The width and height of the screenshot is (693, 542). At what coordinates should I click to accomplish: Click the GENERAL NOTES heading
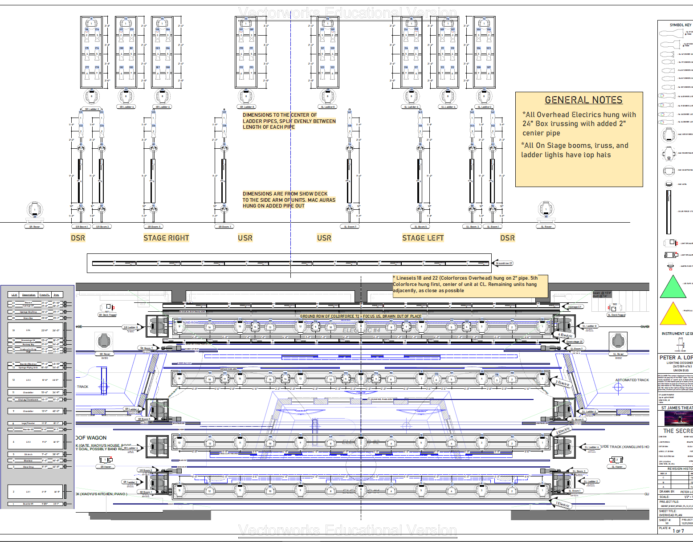(583, 100)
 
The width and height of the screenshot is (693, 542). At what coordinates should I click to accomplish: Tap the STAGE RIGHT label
(166, 238)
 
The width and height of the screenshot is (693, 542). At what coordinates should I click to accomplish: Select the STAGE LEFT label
(423, 238)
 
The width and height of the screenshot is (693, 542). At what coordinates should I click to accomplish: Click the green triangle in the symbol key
(673, 287)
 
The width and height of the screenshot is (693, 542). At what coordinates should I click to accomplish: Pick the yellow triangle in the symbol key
(673, 314)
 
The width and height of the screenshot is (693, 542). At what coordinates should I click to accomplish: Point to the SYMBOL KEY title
(680, 25)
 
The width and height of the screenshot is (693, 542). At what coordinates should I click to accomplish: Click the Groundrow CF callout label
(504, 263)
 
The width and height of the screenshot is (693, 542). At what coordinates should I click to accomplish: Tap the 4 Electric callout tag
(566, 335)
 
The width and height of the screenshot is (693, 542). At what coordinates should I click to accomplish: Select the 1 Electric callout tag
(563, 505)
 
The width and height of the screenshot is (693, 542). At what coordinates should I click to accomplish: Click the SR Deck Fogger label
(107, 315)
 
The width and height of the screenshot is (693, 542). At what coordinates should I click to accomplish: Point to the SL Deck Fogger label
(616, 315)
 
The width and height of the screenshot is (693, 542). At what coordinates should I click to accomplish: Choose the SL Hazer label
(617, 467)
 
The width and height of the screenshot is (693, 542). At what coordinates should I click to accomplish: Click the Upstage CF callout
(574, 307)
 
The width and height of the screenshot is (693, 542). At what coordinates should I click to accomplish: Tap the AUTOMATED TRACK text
(632, 380)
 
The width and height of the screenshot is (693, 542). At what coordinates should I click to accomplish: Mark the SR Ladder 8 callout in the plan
(131, 327)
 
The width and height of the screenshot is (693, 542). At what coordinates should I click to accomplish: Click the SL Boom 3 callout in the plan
(579, 471)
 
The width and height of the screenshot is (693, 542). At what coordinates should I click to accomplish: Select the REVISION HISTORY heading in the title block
(680, 469)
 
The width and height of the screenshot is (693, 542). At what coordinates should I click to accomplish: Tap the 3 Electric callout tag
(563, 383)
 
